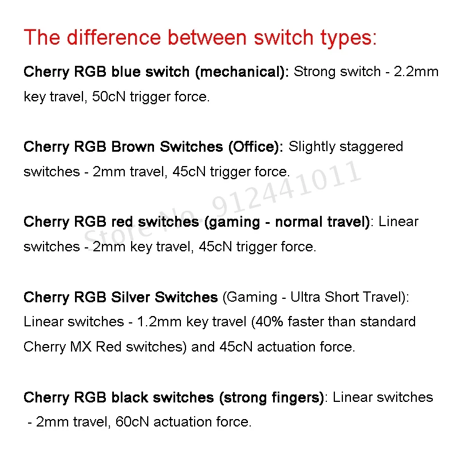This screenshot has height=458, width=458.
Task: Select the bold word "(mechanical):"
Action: tap(242, 73)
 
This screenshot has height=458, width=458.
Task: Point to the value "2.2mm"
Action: tap(416, 72)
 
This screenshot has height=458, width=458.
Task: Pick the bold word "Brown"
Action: tap(133, 147)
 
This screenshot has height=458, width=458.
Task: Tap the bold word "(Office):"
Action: tap(255, 147)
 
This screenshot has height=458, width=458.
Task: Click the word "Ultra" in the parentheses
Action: tap(306, 297)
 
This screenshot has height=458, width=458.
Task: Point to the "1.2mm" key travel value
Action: tap(155, 322)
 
